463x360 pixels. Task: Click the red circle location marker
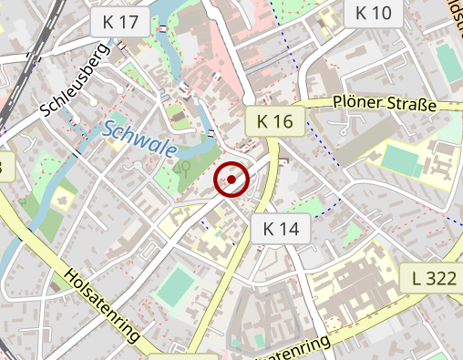click(231, 180)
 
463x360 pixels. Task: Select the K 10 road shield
click(373, 13)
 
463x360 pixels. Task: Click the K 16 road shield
click(274, 120)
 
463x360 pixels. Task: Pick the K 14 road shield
click(281, 229)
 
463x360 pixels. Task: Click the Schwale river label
click(139, 139)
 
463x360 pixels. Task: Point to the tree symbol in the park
click(183, 169)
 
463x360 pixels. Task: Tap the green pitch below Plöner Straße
click(403, 159)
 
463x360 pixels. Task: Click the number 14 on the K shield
click(290, 229)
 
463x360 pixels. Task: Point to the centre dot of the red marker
click(231, 180)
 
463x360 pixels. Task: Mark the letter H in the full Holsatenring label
click(70, 274)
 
